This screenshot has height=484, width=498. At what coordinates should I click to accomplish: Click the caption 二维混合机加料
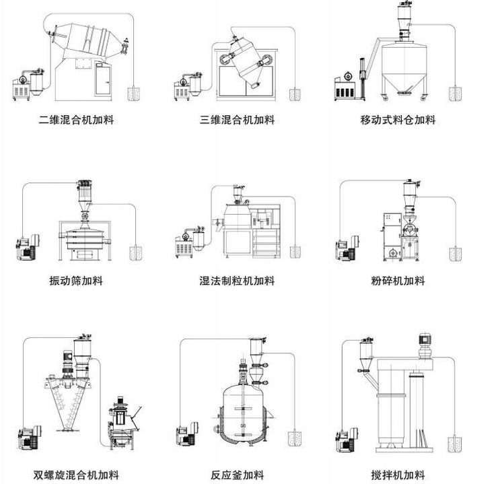tap(76, 120)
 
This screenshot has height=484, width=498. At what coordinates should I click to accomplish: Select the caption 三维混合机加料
tap(238, 120)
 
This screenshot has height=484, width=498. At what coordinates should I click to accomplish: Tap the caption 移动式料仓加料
tap(398, 120)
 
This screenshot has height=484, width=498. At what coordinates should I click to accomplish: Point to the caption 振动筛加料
tap(76, 281)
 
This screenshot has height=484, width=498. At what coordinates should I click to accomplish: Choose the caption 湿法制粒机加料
tap(238, 281)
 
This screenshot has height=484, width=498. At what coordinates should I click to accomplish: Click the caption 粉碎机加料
tap(398, 281)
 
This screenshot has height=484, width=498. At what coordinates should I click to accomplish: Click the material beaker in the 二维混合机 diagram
tap(134, 92)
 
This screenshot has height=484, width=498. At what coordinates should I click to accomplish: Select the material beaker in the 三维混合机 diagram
tap(295, 93)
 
